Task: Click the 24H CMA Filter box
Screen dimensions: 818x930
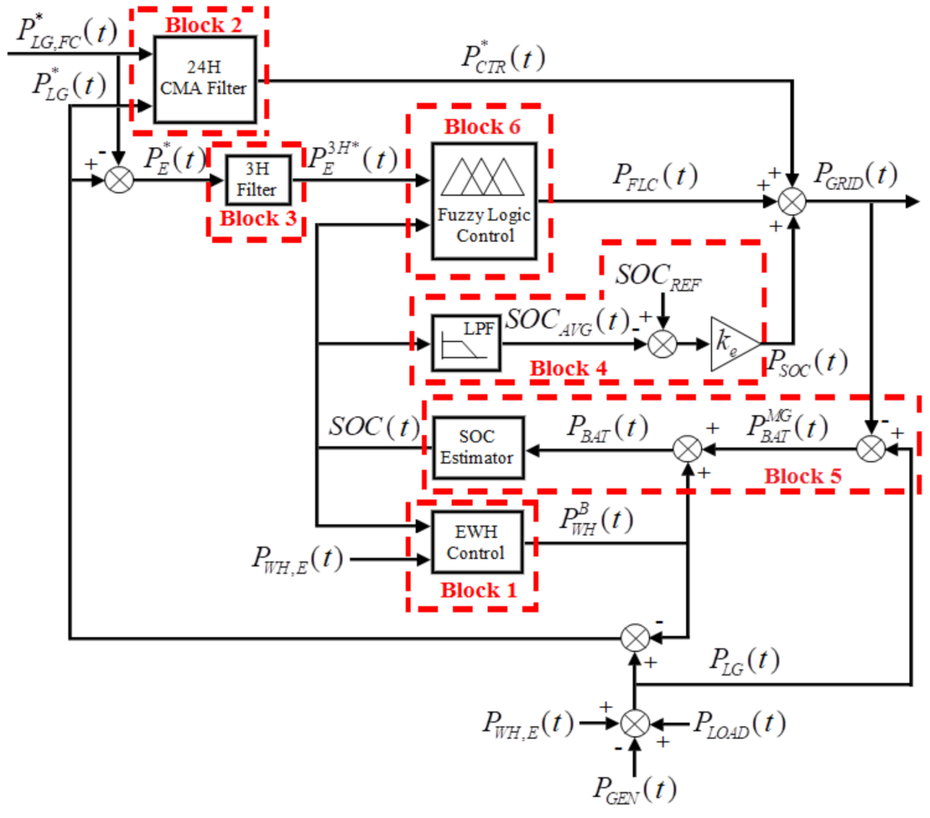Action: tap(205, 80)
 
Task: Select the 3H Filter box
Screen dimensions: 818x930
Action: tap(257, 180)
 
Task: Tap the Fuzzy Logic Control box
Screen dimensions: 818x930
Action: tap(484, 201)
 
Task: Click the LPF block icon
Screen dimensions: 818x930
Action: tap(466, 344)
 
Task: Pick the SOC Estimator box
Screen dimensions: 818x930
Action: tap(477, 448)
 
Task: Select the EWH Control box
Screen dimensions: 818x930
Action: tap(477, 542)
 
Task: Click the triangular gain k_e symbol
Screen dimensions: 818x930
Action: tap(732, 344)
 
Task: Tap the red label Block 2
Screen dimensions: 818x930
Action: tap(203, 25)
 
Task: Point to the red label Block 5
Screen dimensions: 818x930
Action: tap(802, 476)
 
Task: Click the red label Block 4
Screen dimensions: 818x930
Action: tap(568, 368)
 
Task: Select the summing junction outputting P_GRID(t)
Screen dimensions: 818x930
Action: tap(792, 202)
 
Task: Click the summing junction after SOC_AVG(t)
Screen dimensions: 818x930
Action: tap(662, 344)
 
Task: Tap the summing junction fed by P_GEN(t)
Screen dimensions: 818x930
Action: tap(635, 723)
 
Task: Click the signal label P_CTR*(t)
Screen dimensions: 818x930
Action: tap(503, 58)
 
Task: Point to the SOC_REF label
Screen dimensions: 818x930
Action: tap(658, 276)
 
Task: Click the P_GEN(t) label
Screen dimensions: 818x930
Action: tap(634, 789)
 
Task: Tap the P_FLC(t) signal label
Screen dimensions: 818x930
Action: tap(655, 176)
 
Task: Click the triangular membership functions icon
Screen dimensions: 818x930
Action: tap(483, 177)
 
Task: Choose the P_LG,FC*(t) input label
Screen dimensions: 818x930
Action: tap(66, 32)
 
